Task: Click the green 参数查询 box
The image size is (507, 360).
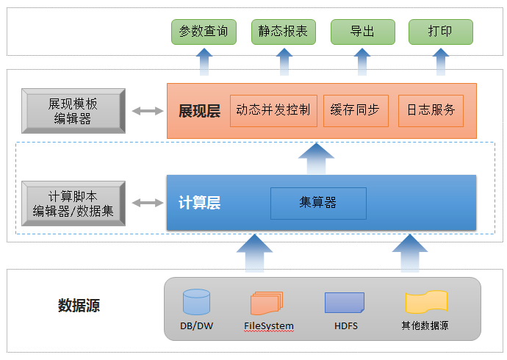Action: (204, 32)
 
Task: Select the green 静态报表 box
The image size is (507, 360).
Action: (283, 32)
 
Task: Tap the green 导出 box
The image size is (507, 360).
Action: (363, 32)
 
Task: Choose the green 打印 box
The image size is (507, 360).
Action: (441, 32)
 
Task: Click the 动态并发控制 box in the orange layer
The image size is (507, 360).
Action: (273, 110)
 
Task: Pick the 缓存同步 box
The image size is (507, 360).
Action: (356, 110)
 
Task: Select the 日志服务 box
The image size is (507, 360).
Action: (431, 110)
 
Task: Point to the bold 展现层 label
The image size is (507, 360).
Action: (200, 111)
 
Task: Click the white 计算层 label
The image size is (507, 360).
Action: (200, 203)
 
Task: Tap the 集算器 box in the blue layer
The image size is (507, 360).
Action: (318, 204)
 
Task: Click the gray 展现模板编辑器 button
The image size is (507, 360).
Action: (73, 111)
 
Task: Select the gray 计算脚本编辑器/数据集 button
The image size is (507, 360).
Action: (73, 204)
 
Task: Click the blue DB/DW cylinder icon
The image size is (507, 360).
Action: (196, 302)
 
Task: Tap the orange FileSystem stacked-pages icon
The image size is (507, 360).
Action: (267, 303)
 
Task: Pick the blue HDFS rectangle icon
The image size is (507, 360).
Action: (345, 303)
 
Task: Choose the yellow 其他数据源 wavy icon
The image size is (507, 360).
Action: (426, 302)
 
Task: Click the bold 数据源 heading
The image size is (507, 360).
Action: (79, 306)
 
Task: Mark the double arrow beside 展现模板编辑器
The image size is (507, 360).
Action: (148, 111)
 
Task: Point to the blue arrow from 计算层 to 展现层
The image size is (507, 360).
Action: (316, 159)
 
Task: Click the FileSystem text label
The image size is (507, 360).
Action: (269, 325)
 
